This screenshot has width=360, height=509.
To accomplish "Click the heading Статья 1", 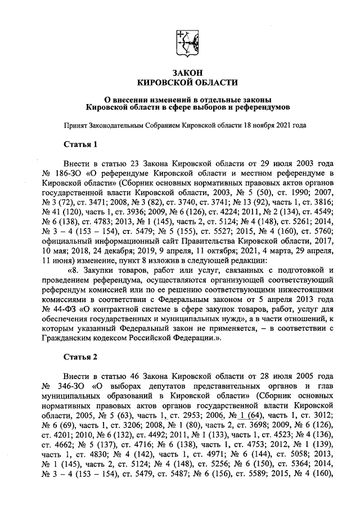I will (x=80, y=144).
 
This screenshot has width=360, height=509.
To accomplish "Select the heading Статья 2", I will (x=80, y=357).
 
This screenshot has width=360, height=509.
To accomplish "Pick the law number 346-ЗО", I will (x=71, y=386).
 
